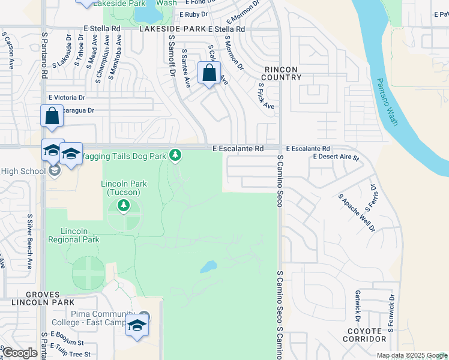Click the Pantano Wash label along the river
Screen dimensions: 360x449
[x=387, y=102]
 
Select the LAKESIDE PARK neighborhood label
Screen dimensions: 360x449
[x=172, y=28]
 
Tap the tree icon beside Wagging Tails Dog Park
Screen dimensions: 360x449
[x=175, y=155]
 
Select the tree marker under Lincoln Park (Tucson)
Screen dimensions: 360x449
[x=124, y=206]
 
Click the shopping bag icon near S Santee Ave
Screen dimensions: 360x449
[x=209, y=74]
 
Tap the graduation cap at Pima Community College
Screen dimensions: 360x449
[x=137, y=326]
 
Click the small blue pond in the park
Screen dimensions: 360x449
[x=208, y=265]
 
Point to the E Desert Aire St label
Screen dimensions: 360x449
[x=336, y=158]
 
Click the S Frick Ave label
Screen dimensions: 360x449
[x=266, y=95]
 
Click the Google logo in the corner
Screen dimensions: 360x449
[x=19, y=353]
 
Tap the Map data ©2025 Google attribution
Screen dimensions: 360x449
[x=411, y=355]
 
